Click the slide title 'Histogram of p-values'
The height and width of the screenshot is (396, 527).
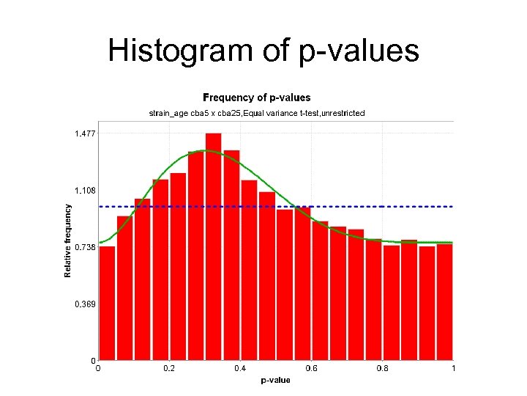(x=263, y=51)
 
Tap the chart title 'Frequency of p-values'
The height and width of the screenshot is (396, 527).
(x=256, y=98)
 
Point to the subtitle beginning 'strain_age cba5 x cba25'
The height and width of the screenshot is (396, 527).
(x=256, y=113)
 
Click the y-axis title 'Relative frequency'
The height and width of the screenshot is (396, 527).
(x=68, y=241)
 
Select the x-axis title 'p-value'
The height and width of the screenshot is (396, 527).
(x=276, y=380)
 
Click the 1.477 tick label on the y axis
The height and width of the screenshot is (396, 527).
(x=84, y=133)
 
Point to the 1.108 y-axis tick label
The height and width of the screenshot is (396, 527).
(x=84, y=191)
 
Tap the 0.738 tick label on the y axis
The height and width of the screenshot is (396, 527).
(x=84, y=248)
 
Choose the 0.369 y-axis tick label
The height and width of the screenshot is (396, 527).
(x=84, y=304)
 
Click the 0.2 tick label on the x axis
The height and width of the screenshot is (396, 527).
(x=169, y=368)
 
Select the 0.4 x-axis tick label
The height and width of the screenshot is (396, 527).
(x=240, y=368)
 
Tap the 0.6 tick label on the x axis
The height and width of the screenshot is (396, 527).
(x=311, y=368)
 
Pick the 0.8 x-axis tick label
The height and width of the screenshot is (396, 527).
(x=382, y=368)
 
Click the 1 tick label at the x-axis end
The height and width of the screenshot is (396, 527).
(x=453, y=368)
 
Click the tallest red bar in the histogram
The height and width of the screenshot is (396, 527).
(x=214, y=249)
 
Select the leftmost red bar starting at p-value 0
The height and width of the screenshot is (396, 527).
(x=107, y=304)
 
